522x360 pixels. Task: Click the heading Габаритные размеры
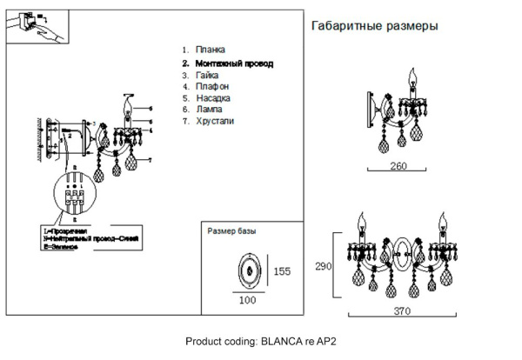pos(374,27)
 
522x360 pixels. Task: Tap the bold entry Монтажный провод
pos(233,63)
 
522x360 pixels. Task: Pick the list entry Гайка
pos(208,76)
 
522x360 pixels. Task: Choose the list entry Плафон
pos(212,87)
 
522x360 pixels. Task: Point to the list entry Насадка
pos(213,99)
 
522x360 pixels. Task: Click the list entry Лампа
pos(210,110)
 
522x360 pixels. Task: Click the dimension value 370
pos(401,310)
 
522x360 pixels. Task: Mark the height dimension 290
pos(324,267)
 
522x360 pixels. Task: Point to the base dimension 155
pos(282,271)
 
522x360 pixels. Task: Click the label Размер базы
pos(232,232)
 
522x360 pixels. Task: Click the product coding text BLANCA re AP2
pos(261,341)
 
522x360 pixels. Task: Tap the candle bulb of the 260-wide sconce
pos(413,83)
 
